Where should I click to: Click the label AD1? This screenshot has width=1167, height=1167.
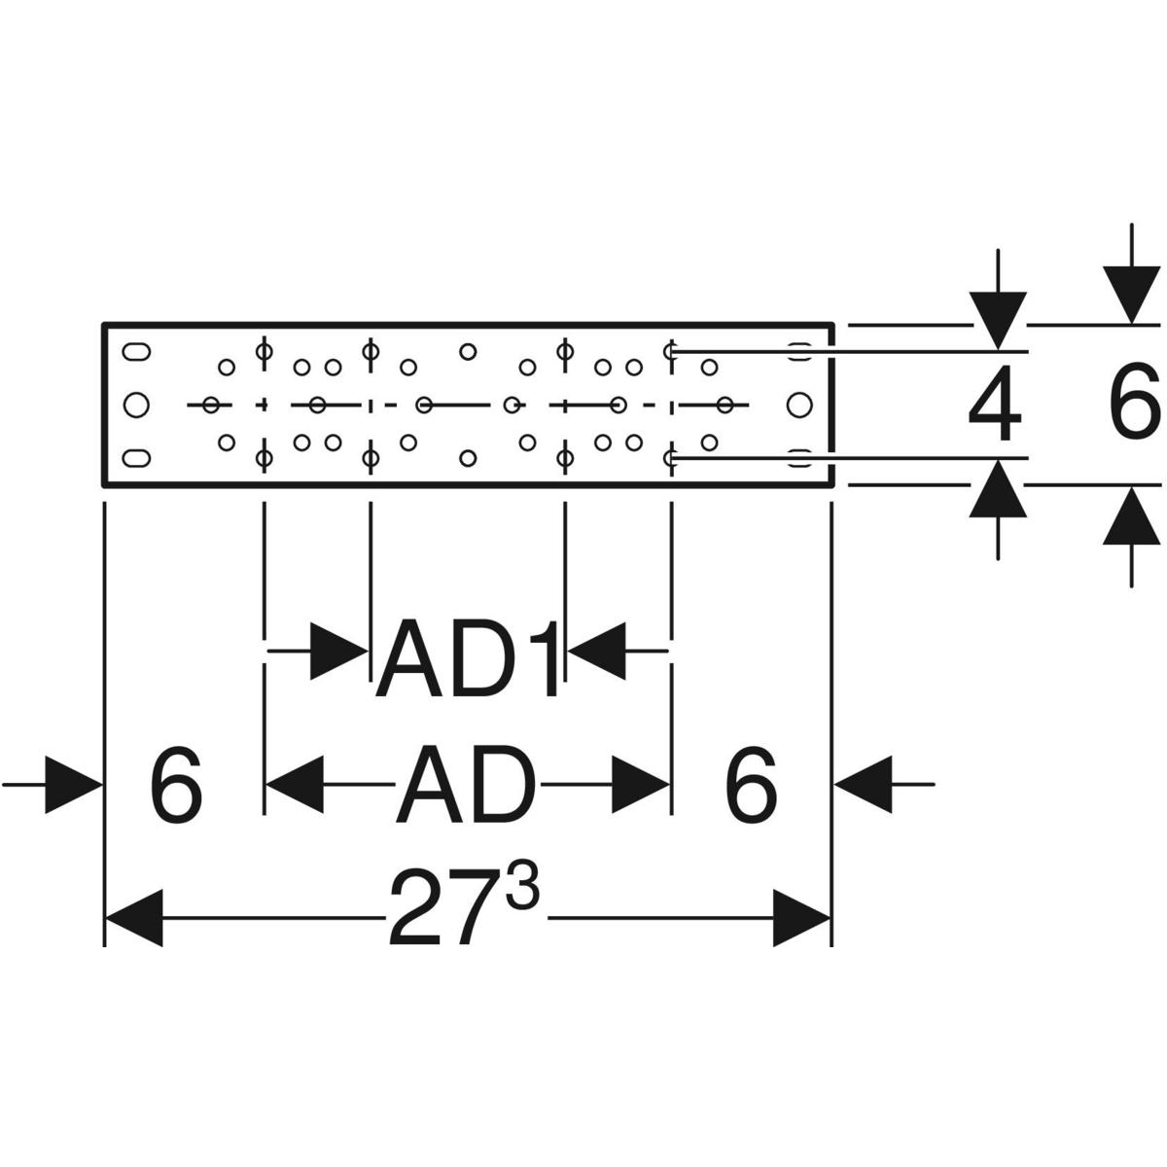tap(468, 662)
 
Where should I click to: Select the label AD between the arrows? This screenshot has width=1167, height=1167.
tap(467, 785)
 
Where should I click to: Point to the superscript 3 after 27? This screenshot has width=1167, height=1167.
tap(521, 892)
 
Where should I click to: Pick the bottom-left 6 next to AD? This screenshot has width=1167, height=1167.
tap(177, 785)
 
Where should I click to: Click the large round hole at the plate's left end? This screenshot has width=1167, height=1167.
tap(137, 404)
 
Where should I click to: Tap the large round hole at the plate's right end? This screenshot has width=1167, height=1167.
tap(798, 404)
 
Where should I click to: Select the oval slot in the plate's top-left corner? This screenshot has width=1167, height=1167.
tap(137, 351)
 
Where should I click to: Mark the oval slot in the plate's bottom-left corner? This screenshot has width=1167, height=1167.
tap(137, 456)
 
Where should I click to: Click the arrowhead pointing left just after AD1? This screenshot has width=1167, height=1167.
tap(595, 650)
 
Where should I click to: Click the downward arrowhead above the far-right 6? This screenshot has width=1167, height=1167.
tap(1131, 296)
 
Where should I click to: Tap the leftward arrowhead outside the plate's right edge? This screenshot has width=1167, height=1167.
tap(864, 783)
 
